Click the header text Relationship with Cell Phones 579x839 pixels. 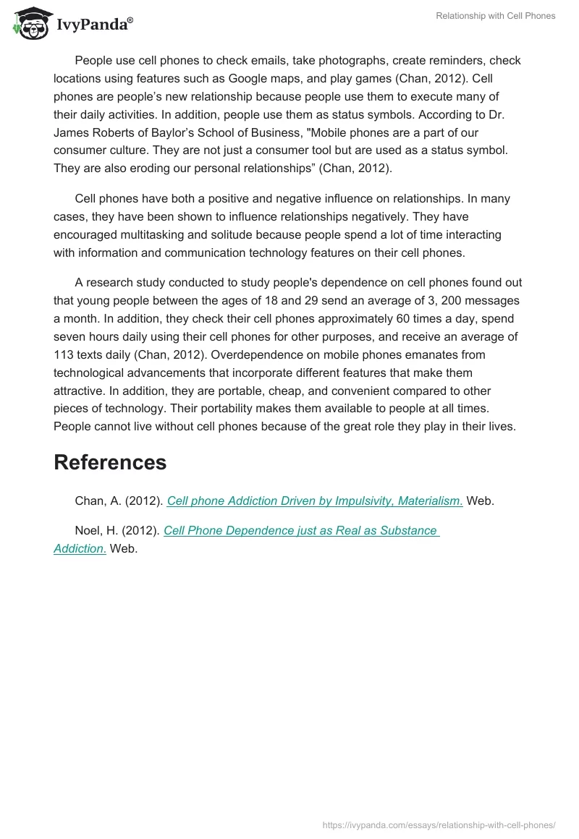tap(495, 16)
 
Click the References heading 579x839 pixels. tap(110, 462)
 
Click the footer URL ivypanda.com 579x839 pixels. tap(439, 824)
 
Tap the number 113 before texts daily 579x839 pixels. tap(64, 354)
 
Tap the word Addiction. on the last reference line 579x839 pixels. tap(80, 548)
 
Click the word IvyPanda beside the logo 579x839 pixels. tap(93, 24)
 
